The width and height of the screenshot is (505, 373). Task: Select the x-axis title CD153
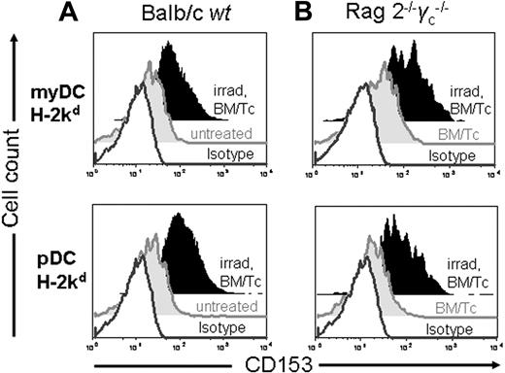(286, 362)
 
